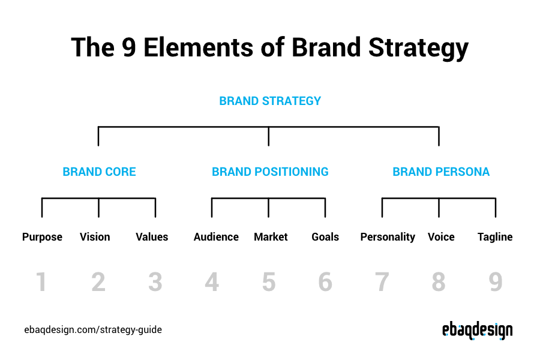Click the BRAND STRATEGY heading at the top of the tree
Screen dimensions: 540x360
tap(270, 101)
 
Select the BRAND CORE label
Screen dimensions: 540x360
tap(99, 172)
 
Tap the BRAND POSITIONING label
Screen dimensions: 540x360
tap(270, 172)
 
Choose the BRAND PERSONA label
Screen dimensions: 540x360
tap(441, 172)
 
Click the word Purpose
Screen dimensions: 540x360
tap(42, 237)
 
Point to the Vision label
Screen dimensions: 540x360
tap(95, 236)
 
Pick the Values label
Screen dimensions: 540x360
tap(152, 236)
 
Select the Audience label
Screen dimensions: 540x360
tap(216, 236)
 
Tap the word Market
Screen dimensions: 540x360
tap(271, 236)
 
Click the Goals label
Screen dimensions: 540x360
tap(325, 236)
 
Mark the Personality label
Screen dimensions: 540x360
tap(388, 237)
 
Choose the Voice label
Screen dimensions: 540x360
tap(441, 236)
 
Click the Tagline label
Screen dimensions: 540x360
tap(495, 237)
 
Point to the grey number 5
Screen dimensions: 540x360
tap(269, 282)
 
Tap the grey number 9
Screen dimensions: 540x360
tap(496, 282)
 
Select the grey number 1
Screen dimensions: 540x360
tap(41, 282)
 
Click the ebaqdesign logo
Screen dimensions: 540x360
tap(478, 331)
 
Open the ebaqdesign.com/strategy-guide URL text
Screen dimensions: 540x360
tap(93, 329)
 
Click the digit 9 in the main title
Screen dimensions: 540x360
tap(129, 47)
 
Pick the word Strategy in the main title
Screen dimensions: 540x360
tap(418, 48)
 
